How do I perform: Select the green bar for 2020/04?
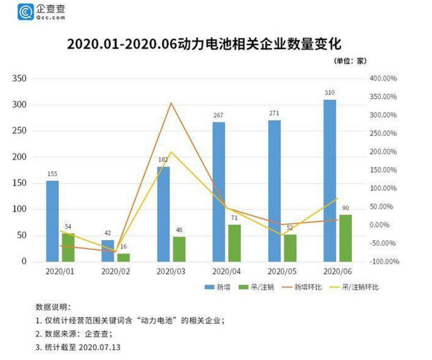[x=234, y=243]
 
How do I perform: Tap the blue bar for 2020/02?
[x=108, y=250]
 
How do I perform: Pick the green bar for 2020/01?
[x=68, y=247]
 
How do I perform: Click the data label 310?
[x=329, y=93]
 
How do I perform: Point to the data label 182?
[x=163, y=160]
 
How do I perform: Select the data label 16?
[x=124, y=246]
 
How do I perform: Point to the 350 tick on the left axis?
[x=19, y=79]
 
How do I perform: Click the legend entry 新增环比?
[x=309, y=288]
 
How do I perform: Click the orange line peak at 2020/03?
[x=171, y=103]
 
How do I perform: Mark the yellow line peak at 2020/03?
[x=171, y=152]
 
